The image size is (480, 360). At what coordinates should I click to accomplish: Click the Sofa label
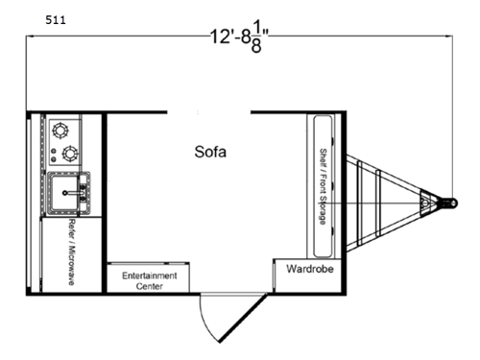[210, 151]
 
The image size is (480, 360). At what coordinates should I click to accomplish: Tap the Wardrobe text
[309, 270]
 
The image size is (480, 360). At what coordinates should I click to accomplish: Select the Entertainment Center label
[149, 280]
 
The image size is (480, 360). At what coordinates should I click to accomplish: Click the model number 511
[55, 19]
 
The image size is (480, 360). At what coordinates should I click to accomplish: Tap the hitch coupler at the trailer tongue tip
[448, 204]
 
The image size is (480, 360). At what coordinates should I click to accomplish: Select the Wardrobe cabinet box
[309, 274]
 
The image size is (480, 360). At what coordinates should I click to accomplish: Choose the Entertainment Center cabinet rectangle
[149, 277]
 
